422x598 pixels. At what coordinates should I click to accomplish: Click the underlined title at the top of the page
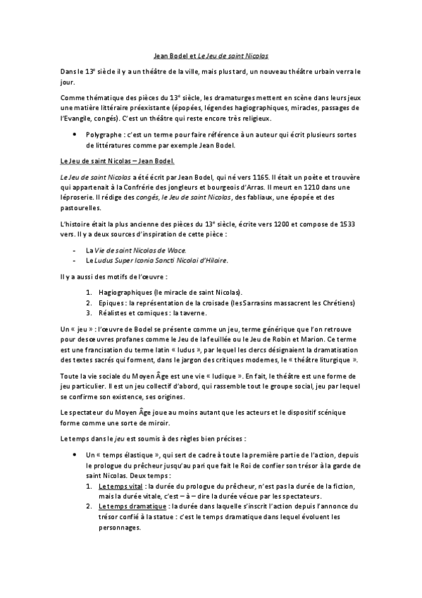(211, 54)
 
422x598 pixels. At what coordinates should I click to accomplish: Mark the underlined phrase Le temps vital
(120, 487)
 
